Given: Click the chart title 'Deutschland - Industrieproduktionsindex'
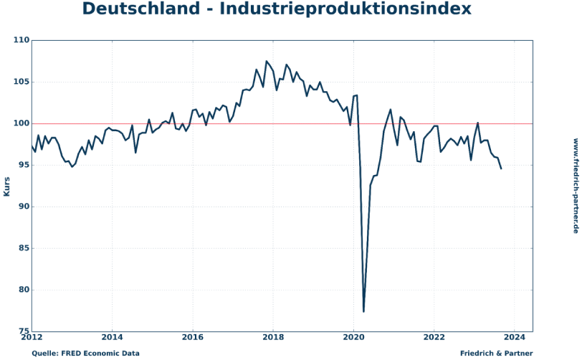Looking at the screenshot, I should [x=277, y=9].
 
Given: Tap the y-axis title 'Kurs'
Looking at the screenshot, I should [x=6, y=186].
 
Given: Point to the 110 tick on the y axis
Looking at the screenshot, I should [x=20, y=41].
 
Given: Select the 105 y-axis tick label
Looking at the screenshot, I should [x=20, y=82].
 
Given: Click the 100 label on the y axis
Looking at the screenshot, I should [x=20, y=124].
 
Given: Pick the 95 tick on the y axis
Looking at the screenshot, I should [x=22, y=166].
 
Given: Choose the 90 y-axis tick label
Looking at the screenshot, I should [x=22, y=207].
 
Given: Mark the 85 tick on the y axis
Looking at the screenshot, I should [x=22, y=249].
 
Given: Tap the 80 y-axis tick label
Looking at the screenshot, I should [x=22, y=290].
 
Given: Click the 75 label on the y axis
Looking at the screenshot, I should [x=22, y=332].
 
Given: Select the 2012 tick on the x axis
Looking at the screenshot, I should [x=32, y=337].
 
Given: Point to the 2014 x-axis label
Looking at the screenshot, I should [x=112, y=337].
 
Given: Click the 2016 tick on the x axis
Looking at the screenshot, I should [x=192, y=337].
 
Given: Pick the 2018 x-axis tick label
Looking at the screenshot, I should [x=272, y=337].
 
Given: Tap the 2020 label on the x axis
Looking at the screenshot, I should [x=353, y=337].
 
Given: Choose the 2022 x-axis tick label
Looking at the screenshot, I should [x=434, y=337].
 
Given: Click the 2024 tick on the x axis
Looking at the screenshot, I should [x=514, y=337].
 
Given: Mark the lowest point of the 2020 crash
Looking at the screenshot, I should [x=364, y=311].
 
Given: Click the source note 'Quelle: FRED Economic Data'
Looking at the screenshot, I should [x=85, y=354].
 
